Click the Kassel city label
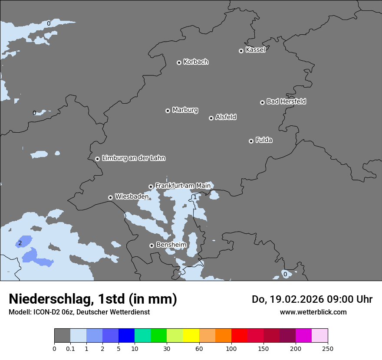click(x=255, y=50)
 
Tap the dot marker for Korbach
click(x=179, y=62)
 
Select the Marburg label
click(x=185, y=110)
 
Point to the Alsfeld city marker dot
click(x=211, y=118)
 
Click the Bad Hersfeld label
click(x=286, y=101)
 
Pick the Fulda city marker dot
click(x=251, y=141)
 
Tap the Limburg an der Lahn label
click(x=133, y=158)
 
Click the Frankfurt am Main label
click(x=183, y=186)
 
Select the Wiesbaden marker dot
click(x=110, y=197)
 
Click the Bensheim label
click(x=171, y=245)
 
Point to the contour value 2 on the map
click(x=20, y=243)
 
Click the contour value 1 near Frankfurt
click(x=195, y=197)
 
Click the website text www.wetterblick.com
click(x=313, y=312)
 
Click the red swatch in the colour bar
click(x=239, y=336)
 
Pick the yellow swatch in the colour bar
click(x=191, y=336)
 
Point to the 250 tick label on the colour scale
click(x=328, y=348)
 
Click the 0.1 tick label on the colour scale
click(x=70, y=348)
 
